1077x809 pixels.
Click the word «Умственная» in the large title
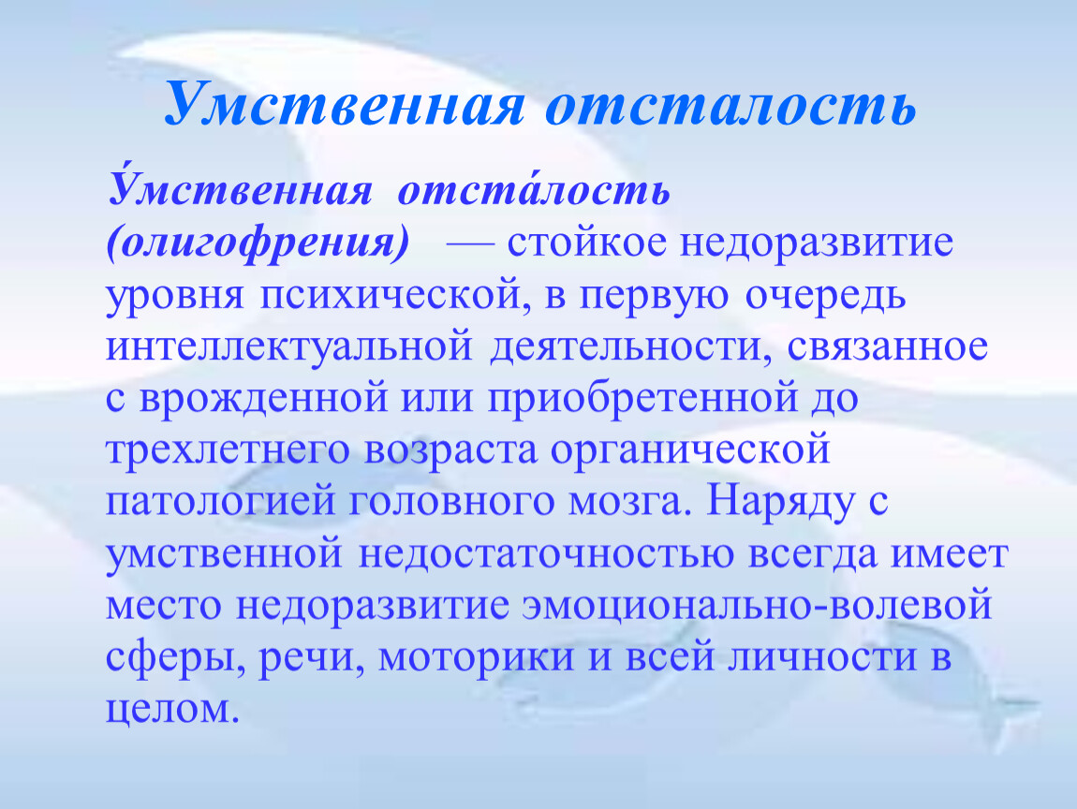(x=346, y=104)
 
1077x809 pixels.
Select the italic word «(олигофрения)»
(x=258, y=243)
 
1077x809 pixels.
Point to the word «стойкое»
(x=587, y=243)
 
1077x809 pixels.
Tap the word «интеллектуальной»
(x=289, y=346)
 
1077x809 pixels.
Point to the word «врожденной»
(x=264, y=399)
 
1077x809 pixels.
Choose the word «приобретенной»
(x=643, y=399)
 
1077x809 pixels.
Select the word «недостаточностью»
(x=546, y=553)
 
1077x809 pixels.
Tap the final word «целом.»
(x=173, y=710)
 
